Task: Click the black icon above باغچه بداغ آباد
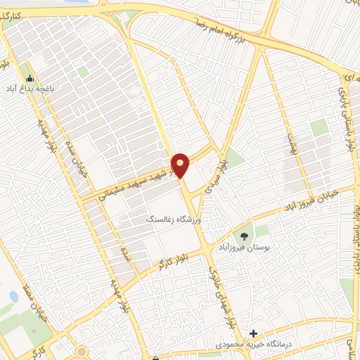click(30, 78)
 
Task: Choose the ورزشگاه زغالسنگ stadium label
click(172, 220)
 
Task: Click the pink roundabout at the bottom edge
click(82, 352)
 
